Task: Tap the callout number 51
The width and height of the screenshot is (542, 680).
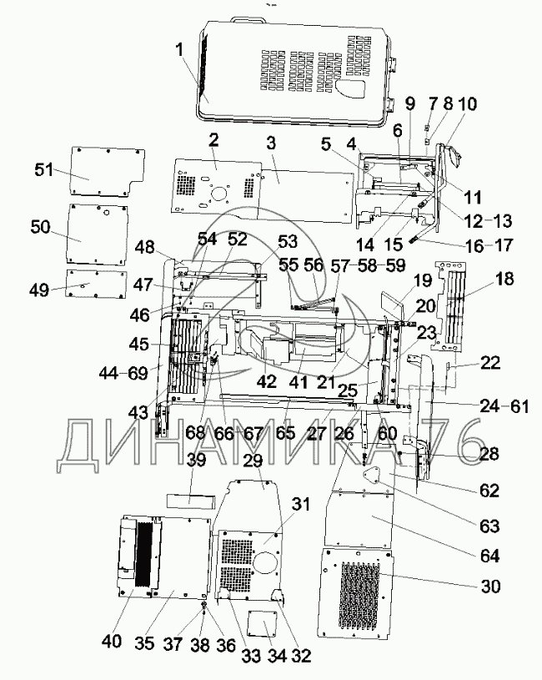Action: pyautogui.click(x=44, y=169)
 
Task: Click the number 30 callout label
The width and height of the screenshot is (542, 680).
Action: pyautogui.click(x=489, y=587)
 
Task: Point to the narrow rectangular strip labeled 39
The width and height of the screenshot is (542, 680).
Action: pyautogui.click(x=191, y=501)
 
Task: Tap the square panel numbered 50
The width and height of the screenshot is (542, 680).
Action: pyautogui.click(x=99, y=234)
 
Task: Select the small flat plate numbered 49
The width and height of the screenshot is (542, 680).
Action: pyautogui.click(x=96, y=283)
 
